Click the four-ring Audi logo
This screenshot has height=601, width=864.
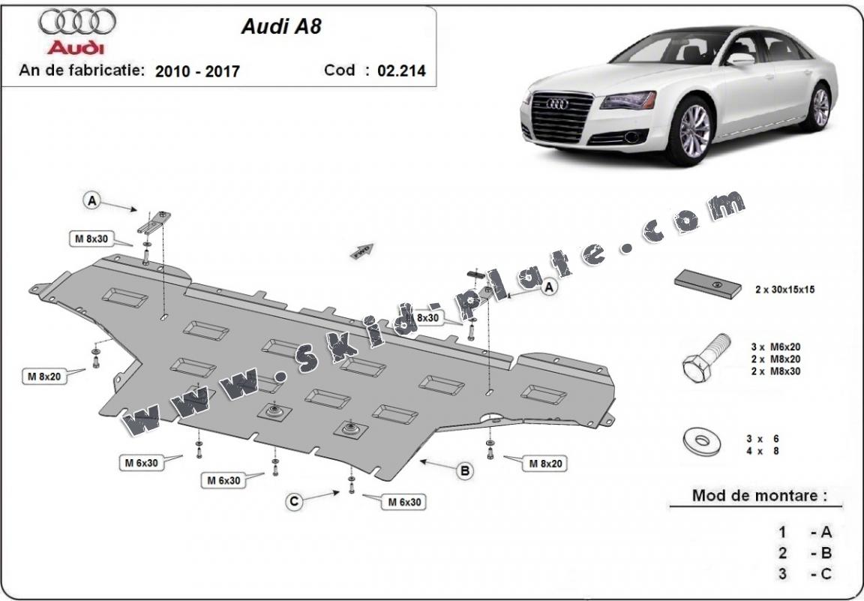click(x=77, y=24)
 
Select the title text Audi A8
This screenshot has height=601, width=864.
click(x=271, y=26)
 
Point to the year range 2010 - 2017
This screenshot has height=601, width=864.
click(x=197, y=71)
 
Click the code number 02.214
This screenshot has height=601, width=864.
click(x=400, y=71)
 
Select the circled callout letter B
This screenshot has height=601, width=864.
click(x=465, y=471)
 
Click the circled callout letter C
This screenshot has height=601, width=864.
click(x=295, y=502)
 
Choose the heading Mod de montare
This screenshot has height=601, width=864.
click(x=760, y=495)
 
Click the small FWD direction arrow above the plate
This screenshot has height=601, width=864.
click(x=362, y=251)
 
